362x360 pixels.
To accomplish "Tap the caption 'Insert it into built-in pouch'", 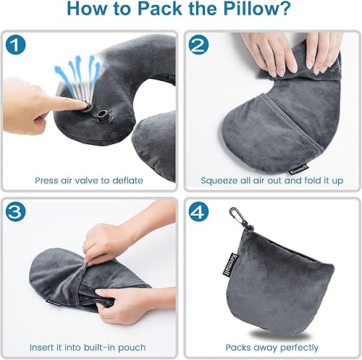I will [90, 348].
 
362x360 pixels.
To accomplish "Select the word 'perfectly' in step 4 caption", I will [296, 348].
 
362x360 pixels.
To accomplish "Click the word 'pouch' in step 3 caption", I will [131, 348].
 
